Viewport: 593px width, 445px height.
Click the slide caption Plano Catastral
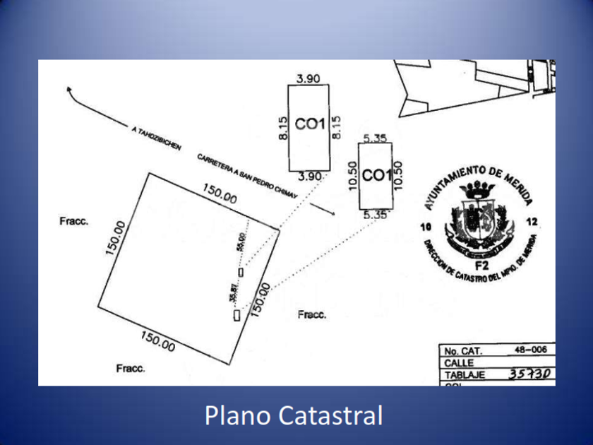point(293,415)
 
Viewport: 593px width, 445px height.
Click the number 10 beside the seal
point(424,227)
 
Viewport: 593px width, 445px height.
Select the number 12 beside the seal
point(532,222)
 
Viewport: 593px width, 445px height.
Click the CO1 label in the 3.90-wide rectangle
point(309,125)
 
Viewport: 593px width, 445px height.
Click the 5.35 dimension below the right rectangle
point(374,215)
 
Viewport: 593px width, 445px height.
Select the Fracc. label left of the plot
point(73,221)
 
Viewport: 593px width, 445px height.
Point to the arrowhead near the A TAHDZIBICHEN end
point(68,89)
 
